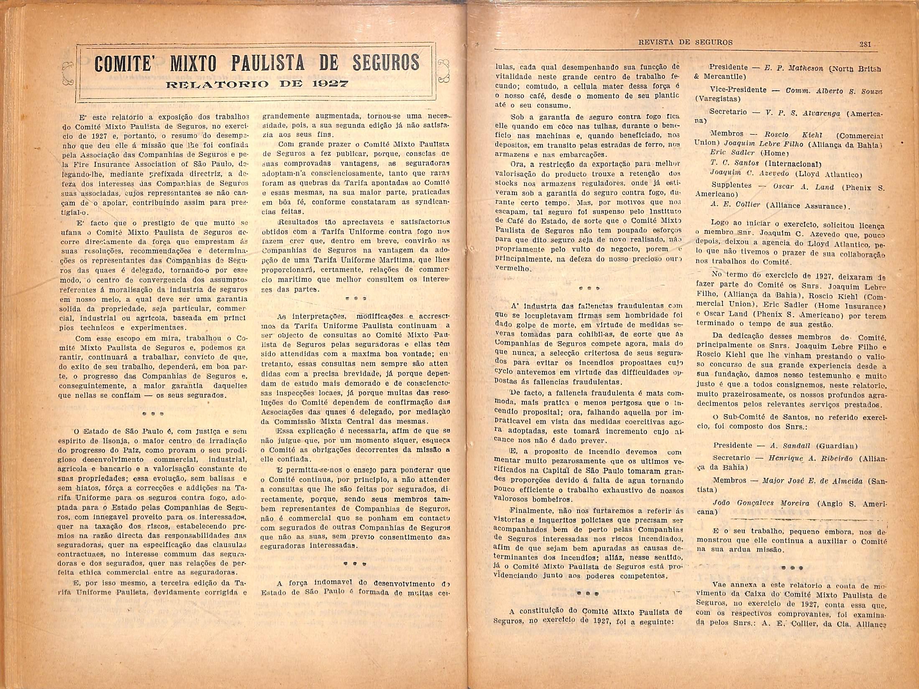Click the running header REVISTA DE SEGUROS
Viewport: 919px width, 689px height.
(686, 42)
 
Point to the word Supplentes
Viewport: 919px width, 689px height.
(731, 185)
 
